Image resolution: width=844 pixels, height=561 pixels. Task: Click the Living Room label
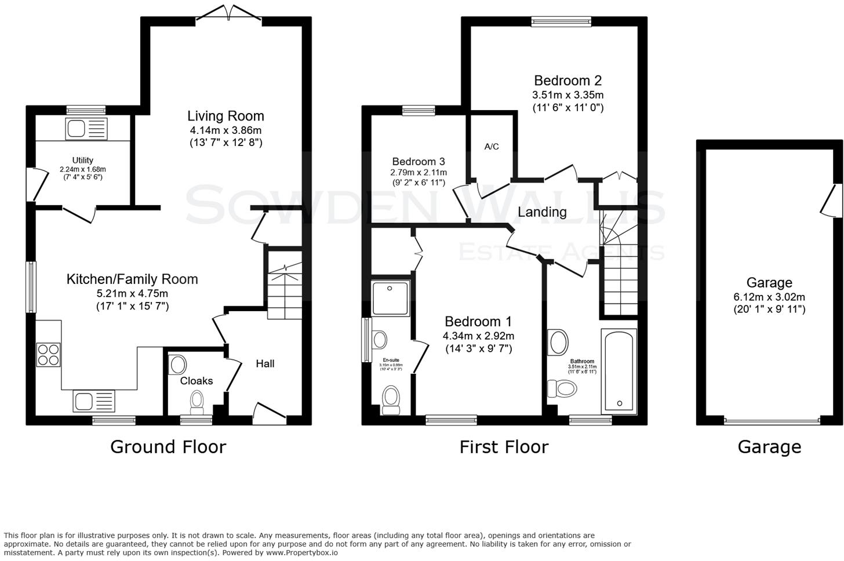(225, 116)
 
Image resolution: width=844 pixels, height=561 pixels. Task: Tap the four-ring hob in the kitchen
(48, 355)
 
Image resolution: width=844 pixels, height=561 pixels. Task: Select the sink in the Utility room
(86, 128)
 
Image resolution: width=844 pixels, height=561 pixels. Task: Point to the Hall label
(265, 363)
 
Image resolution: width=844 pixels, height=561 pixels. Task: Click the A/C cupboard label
(492, 147)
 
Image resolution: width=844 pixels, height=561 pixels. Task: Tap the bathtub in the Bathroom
(619, 370)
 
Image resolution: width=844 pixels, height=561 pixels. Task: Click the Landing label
(542, 212)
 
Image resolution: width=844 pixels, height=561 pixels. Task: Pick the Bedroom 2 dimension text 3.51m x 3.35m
(567, 95)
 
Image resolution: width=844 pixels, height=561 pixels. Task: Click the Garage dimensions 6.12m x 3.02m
(769, 297)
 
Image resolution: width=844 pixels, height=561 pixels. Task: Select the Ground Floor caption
(168, 447)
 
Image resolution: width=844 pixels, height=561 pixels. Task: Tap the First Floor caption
(504, 447)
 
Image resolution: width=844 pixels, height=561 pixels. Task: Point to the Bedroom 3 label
(418, 162)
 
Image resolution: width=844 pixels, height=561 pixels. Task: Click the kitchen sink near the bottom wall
(94, 401)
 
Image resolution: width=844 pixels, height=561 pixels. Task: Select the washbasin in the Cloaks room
(177, 365)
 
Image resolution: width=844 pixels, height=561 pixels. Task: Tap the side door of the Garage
(834, 201)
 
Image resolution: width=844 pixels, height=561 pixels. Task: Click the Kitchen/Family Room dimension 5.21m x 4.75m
(132, 293)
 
